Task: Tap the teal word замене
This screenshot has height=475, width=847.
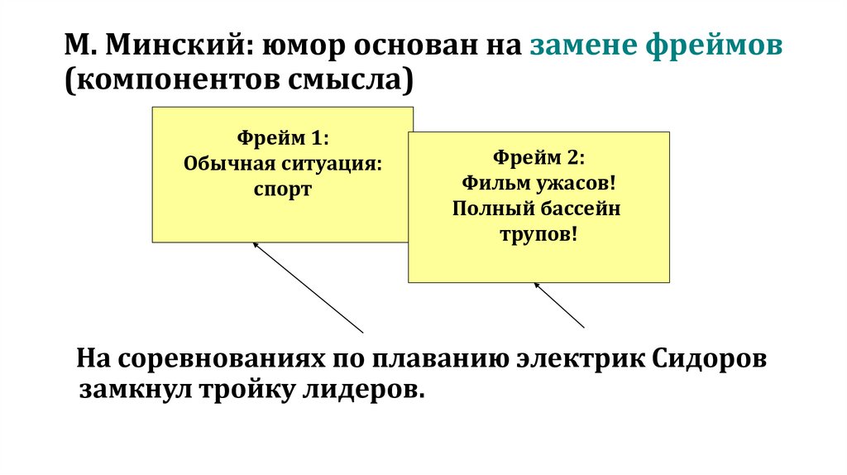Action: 583,46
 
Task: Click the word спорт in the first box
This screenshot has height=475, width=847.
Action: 283,190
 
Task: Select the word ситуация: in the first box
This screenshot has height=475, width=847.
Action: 336,163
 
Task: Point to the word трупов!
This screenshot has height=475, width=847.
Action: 538,233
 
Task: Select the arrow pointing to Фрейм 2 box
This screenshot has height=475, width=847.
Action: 559,305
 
